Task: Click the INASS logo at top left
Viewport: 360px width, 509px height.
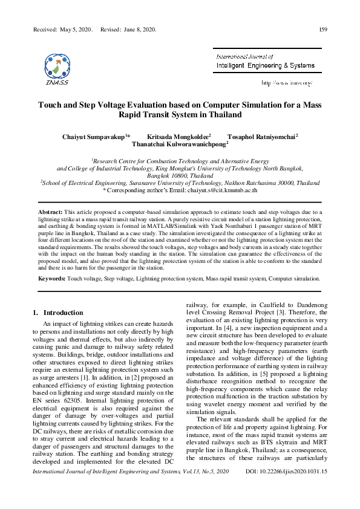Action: click(56, 68)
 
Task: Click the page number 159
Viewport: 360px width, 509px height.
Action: click(323, 30)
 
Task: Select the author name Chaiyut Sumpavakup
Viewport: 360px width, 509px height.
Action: click(93, 137)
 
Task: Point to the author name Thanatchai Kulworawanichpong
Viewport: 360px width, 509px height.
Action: click(179, 145)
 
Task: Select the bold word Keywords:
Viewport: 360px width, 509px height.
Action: click(52, 279)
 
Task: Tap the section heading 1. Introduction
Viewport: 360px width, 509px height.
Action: click(57, 313)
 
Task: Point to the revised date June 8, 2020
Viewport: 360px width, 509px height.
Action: click(140, 30)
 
